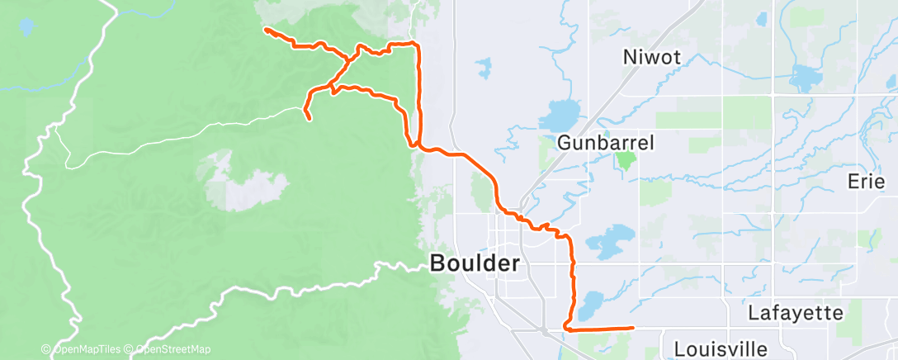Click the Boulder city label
tap(475, 264)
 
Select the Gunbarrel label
tap(606, 143)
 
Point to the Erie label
tap(867, 181)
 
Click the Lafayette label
tap(795, 313)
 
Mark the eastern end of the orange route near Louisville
tap(632, 328)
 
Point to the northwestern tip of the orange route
tap(265, 30)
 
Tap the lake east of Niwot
tap(801, 78)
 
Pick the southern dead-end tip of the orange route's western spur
tap(310, 120)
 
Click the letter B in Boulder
tap(438, 264)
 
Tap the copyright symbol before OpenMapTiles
tap(46, 349)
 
